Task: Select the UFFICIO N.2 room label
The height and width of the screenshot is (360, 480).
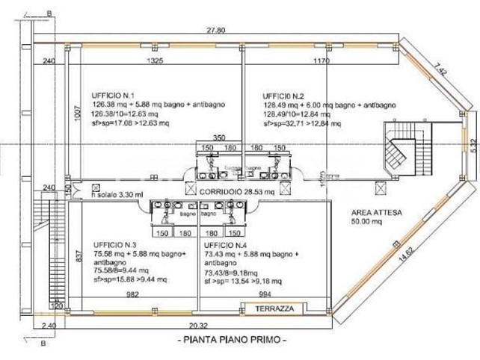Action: [x=282, y=96]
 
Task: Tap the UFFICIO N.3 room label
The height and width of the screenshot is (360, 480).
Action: [x=114, y=245]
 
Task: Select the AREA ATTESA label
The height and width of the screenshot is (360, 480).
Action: [x=377, y=213]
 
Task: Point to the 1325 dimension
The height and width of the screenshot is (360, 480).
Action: [x=156, y=60]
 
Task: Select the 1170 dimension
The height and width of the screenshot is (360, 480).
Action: [x=322, y=60]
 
